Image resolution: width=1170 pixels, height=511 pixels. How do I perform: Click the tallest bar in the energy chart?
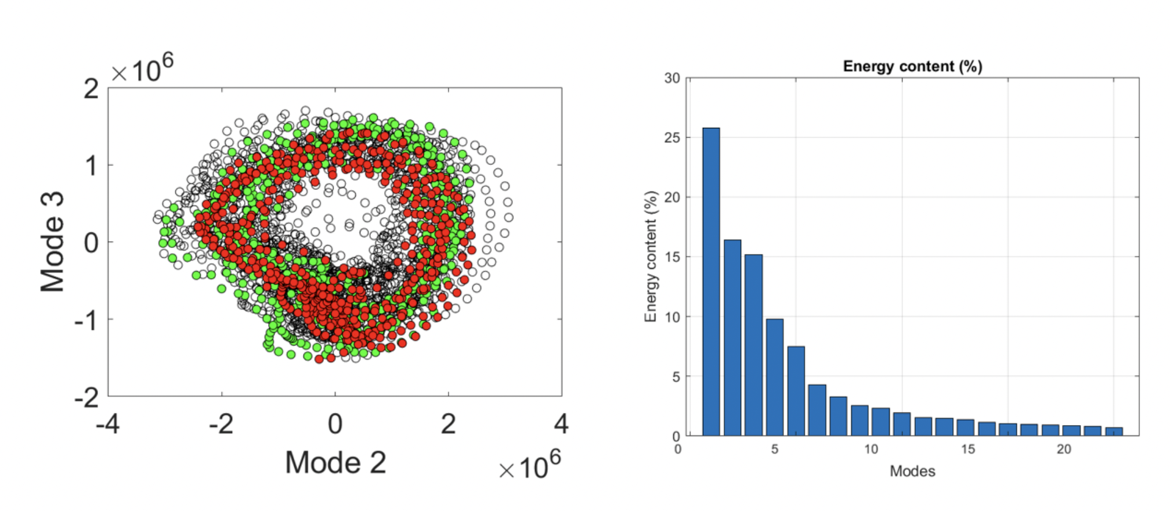tap(711, 282)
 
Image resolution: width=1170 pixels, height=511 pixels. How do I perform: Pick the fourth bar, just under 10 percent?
tap(775, 377)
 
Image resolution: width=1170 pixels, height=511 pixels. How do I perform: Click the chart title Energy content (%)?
tap(912, 66)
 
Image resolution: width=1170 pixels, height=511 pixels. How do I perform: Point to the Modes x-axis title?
tap(912, 471)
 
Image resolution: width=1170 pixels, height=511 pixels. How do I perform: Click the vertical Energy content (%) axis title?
tap(651, 256)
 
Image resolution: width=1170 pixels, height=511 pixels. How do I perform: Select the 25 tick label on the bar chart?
tap(671, 138)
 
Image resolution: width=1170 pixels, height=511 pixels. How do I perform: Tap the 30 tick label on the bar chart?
tap(671, 78)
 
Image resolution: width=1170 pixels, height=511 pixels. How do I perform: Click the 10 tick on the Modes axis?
tap(871, 449)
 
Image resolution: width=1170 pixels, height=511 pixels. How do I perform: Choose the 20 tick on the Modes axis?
tap(1063, 449)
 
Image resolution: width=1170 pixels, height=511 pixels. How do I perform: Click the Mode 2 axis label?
tap(335, 463)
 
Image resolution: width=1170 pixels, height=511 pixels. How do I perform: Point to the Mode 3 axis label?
tap(52, 242)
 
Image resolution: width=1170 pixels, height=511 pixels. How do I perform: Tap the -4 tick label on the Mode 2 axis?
tap(108, 424)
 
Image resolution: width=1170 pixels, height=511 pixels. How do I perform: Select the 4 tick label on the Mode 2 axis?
tap(561, 424)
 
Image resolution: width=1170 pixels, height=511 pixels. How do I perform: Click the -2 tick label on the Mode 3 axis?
tap(87, 398)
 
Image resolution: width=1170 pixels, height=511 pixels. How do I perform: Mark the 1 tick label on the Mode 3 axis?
tap(91, 166)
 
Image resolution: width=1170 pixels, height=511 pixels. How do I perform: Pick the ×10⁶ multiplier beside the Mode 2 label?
tap(529, 466)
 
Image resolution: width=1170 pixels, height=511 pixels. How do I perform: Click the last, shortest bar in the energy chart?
tap(1114, 431)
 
